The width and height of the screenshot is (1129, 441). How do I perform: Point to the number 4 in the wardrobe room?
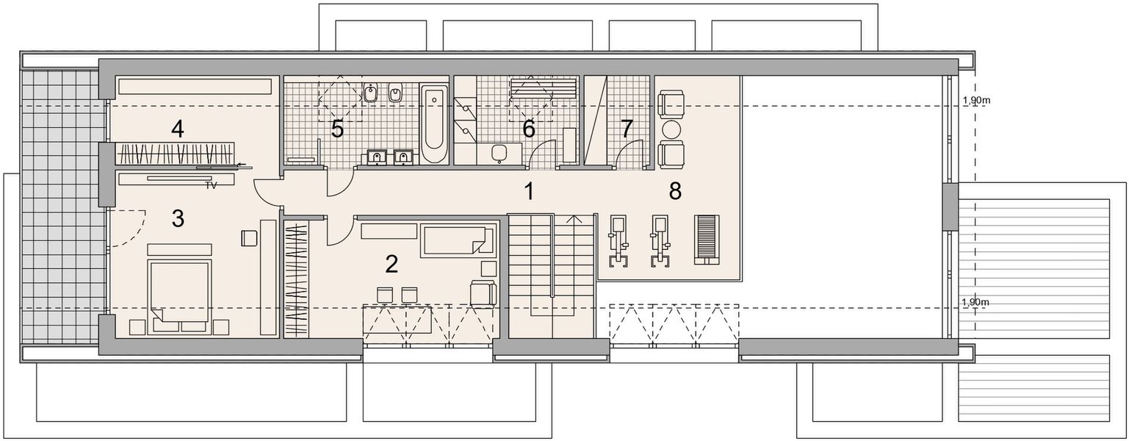pos(177,129)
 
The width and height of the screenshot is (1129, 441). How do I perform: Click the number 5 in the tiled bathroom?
pos(337,129)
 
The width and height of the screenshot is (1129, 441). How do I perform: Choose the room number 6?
pos(528,129)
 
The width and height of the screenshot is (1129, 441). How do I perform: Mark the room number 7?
pos(626,129)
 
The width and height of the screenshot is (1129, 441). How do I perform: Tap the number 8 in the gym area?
pos(675,191)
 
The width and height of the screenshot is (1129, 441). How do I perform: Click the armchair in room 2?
pos(483,293)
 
